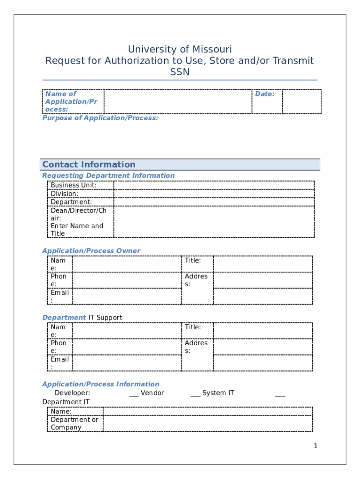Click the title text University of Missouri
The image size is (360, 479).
(180, 50)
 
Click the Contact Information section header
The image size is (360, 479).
(89, 165)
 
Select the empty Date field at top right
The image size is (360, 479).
(302, 102)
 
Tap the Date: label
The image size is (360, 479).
(265, 94)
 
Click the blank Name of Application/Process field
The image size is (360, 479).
(178, 102)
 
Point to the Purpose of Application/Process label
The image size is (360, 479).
(100, 118)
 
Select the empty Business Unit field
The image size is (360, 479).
(214, 185)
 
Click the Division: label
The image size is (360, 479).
(65, 194)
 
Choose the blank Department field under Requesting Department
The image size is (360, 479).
(214, 202)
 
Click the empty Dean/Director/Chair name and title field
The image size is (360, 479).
(214, 222)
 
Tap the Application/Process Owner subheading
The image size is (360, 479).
(91, 251)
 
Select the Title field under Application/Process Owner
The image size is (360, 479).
(263, 264)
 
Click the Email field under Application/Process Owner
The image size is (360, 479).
(127, 296)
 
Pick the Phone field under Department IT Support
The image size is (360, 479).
(127, 347)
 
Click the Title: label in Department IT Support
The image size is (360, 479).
(193, 327)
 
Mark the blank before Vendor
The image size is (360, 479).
(134, 393)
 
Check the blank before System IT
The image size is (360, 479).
(195, 393)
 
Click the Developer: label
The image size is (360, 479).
(72, 393)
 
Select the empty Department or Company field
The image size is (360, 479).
(208, 424)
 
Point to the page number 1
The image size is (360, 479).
(316, 446)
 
